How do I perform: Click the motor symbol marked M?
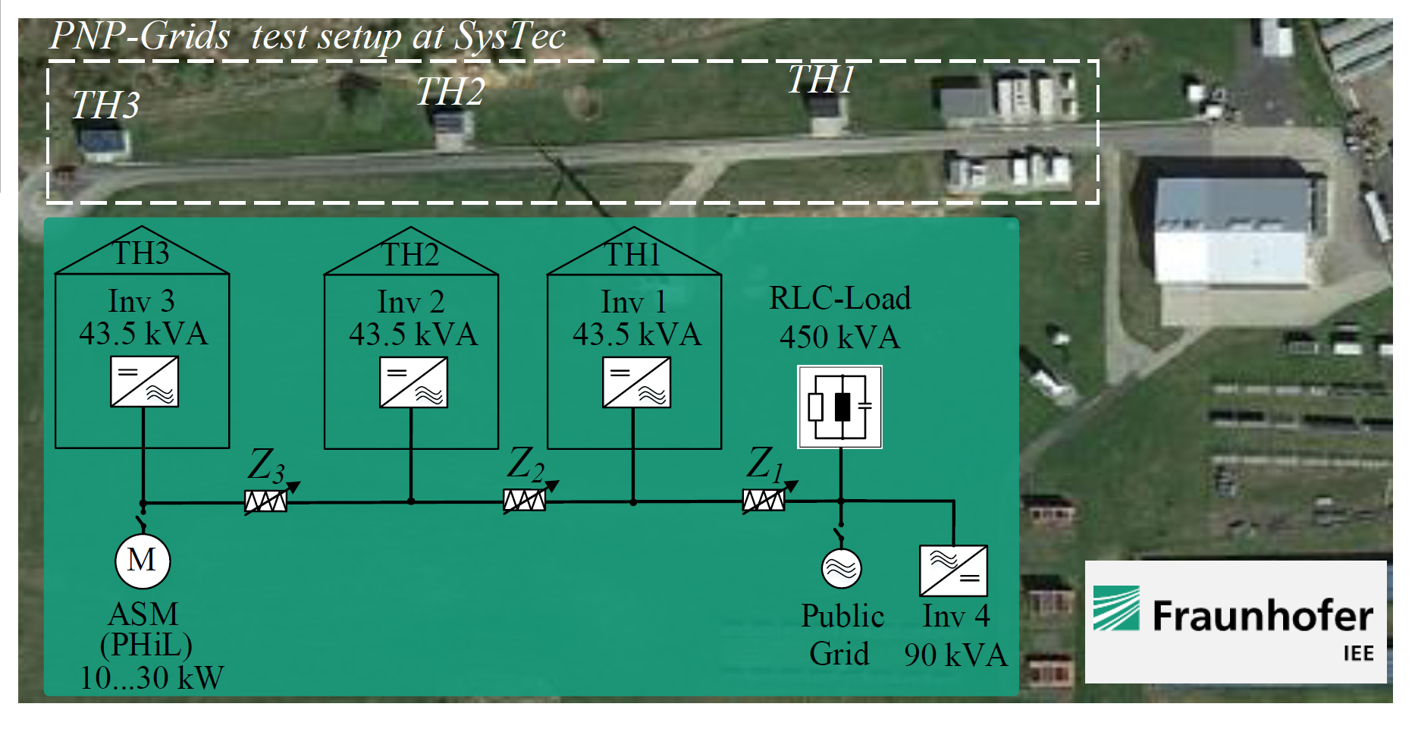(x=143, y=561)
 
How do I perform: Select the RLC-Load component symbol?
(x=839, y=407)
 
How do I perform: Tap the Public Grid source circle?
(x=841, y=568)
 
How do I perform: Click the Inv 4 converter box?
(x=953, y=570)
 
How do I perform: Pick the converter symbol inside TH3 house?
(x=144, y=382)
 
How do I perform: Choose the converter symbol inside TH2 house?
(x=413, y=382)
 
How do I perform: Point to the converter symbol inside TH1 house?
(x=636, y=382)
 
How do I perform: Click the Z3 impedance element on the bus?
(x=265, y=501)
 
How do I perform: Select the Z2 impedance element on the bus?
(x=525, y=500)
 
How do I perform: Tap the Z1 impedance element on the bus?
(x=764, y=500)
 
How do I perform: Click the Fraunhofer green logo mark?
(x=1115, y=608)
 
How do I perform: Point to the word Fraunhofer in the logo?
(x=1263, y=615)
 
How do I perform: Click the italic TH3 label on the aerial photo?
(x=105, y=105)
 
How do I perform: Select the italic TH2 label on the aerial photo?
(x=450, y=93)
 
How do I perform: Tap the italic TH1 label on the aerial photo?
(x=820, y=79)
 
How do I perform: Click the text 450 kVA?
(x=839, y=338)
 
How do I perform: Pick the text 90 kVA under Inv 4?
(x=955, y=655)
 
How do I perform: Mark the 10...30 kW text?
(x=152, y=677)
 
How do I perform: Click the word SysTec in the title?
(x=510, y=36)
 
